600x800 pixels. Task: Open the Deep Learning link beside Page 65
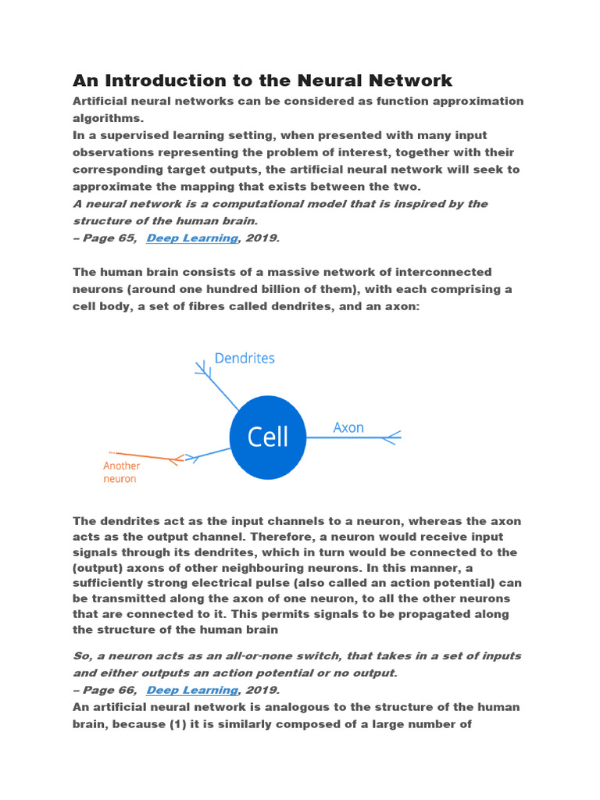pyautogui.click(x=191, y=238)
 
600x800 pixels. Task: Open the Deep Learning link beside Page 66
pyautogui.click(x=191, y=690)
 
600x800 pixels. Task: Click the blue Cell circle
pyautogui.click(x=268, y=437)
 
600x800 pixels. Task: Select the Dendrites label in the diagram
pyautogui.click(x=245, y=359)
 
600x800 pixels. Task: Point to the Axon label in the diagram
pyautogui.click(x=348, y=427)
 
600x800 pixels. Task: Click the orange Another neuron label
pyautogui.click(x=121, y=472)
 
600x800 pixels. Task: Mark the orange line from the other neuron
pyautogui.click(x=145, y=456)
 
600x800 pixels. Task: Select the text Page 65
pyautogui.click(x=109, y=238)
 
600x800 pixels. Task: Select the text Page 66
pyautogui.click(x=109, y=690)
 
